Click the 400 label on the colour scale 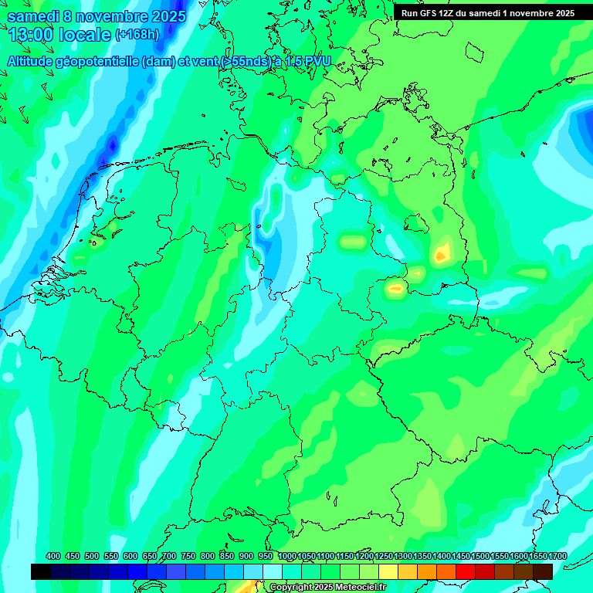coord(53,556)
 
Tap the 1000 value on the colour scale coord(287,556)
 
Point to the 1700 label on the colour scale coord(557,556)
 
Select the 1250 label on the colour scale coord(384,556)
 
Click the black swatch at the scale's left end coord(41,571)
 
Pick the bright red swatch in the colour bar coord(466,571)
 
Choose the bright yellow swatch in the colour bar coord(388,571)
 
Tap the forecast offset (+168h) coord(137,35)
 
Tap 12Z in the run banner coord(453,13)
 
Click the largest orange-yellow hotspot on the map coord(442,252)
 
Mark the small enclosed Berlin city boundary coord(416,223)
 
